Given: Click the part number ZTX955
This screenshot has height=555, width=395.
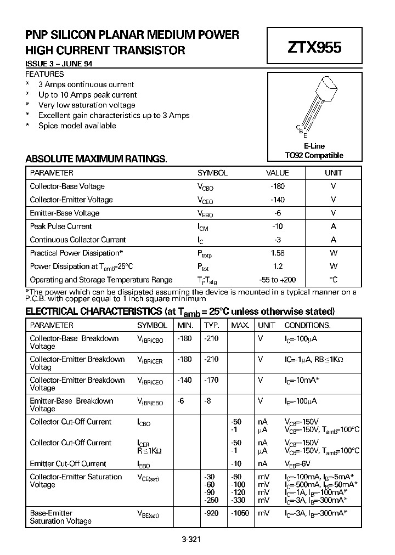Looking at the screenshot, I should pyautogui.click(x=314, y=48).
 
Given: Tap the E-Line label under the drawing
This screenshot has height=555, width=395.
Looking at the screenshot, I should pyautogui.click(x=314, y=146).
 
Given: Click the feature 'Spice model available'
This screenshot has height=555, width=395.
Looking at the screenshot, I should pyautogui.click(x=77, y=126).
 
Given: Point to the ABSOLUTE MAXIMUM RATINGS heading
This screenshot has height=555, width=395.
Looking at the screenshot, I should pyautogui.click(x=96, y=159).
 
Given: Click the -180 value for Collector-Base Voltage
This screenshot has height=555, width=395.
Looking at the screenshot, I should pyautogui.click(x=278, y=186).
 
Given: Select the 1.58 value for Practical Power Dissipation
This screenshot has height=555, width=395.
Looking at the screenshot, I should pyautogui.click(x=278, y=253).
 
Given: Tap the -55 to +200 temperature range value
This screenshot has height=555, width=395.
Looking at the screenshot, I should pyautogui.click(x=278, y=280).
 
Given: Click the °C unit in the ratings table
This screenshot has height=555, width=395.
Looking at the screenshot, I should pyautogui.click(x=333, y=280).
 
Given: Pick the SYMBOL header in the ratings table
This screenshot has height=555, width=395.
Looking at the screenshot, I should pyautogui.click(x=212, y=173).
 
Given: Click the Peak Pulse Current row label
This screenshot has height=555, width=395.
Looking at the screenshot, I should pyautogui.click(x=61, y=226).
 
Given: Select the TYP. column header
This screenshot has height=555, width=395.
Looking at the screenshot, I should pyautogui.click(x=212, y=325).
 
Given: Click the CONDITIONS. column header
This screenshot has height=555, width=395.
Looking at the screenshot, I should pyautogui.click(x=307, y=325).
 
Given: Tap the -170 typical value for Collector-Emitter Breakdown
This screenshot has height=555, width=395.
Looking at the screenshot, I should pyautogui.click(x=211, y=380).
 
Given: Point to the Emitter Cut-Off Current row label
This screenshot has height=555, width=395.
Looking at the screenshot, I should pyautogui.click(x=68, y=463).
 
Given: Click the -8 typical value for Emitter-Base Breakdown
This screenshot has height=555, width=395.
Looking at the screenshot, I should pyautogui.click(x=208, y=401).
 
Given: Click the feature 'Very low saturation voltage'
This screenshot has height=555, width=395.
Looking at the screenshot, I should pyautogui.click(x=87, y=105).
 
